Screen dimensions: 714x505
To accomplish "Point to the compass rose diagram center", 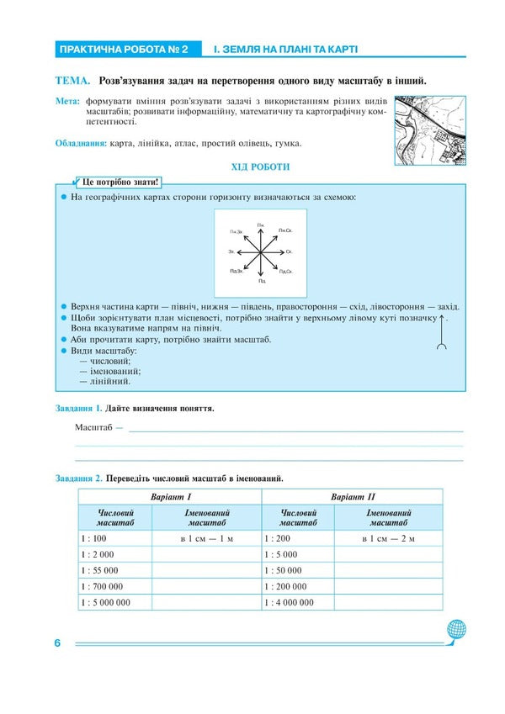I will pyautogui.click(x=262, y=251).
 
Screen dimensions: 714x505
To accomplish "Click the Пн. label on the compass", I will pyautogui.click(x=261, y=225).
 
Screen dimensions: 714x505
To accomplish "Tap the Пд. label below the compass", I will pyautogui.click(x=263, y=279).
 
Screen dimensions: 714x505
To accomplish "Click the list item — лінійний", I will pyautogui.click(x=104, y=381).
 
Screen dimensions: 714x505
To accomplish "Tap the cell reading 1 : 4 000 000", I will pyautogui.click(x=290, y=602).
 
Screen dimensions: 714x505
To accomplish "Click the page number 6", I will pyautogui.click(x=57, y=643).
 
